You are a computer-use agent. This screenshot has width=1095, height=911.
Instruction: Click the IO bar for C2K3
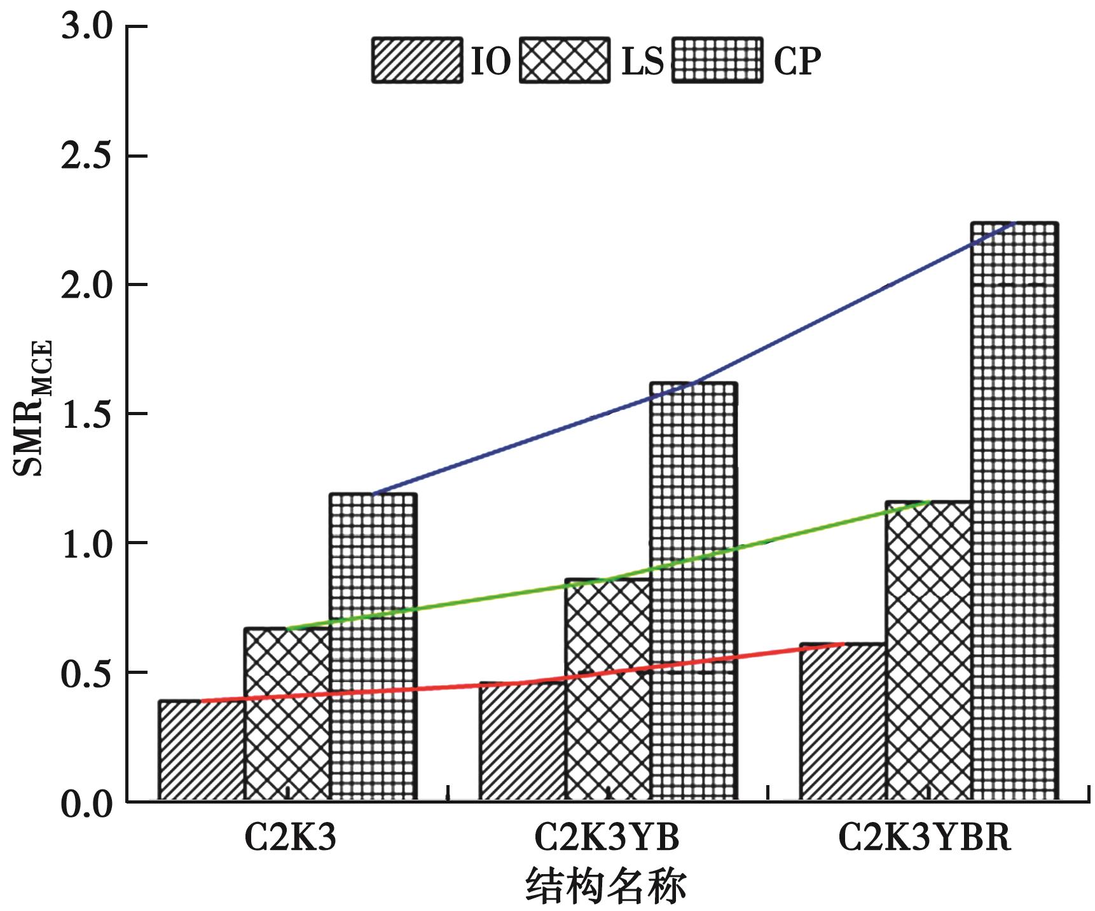click(202, 750)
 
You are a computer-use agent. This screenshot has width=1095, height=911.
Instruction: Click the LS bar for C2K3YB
click(608, 689)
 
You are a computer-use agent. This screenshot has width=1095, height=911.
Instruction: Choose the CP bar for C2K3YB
click(694, 591)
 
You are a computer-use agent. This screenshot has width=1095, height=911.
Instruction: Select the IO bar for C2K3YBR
click(843, 722)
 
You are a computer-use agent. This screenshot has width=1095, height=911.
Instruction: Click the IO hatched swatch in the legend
click(417, 60)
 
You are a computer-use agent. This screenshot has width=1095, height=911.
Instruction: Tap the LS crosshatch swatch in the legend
click(564, 60)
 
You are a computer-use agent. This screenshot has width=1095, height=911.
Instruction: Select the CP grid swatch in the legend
click(717, 60)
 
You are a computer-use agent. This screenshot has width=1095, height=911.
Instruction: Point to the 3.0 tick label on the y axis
click(86, 27)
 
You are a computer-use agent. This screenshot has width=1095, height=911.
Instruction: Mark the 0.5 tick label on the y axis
click(86, 673)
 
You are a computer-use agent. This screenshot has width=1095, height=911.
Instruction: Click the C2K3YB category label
click(607, 837)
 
